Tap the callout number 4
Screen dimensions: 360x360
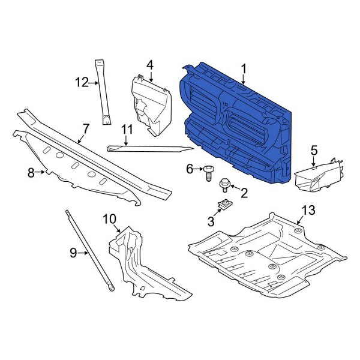[x=150, y=64]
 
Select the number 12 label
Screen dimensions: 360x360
[x=81, y=82]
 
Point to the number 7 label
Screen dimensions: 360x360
[x=86, y=128]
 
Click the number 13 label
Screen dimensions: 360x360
[x=308, y=210]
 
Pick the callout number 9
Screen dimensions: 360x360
[x=73, y=253]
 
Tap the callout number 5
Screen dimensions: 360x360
[x=313, y=150]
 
